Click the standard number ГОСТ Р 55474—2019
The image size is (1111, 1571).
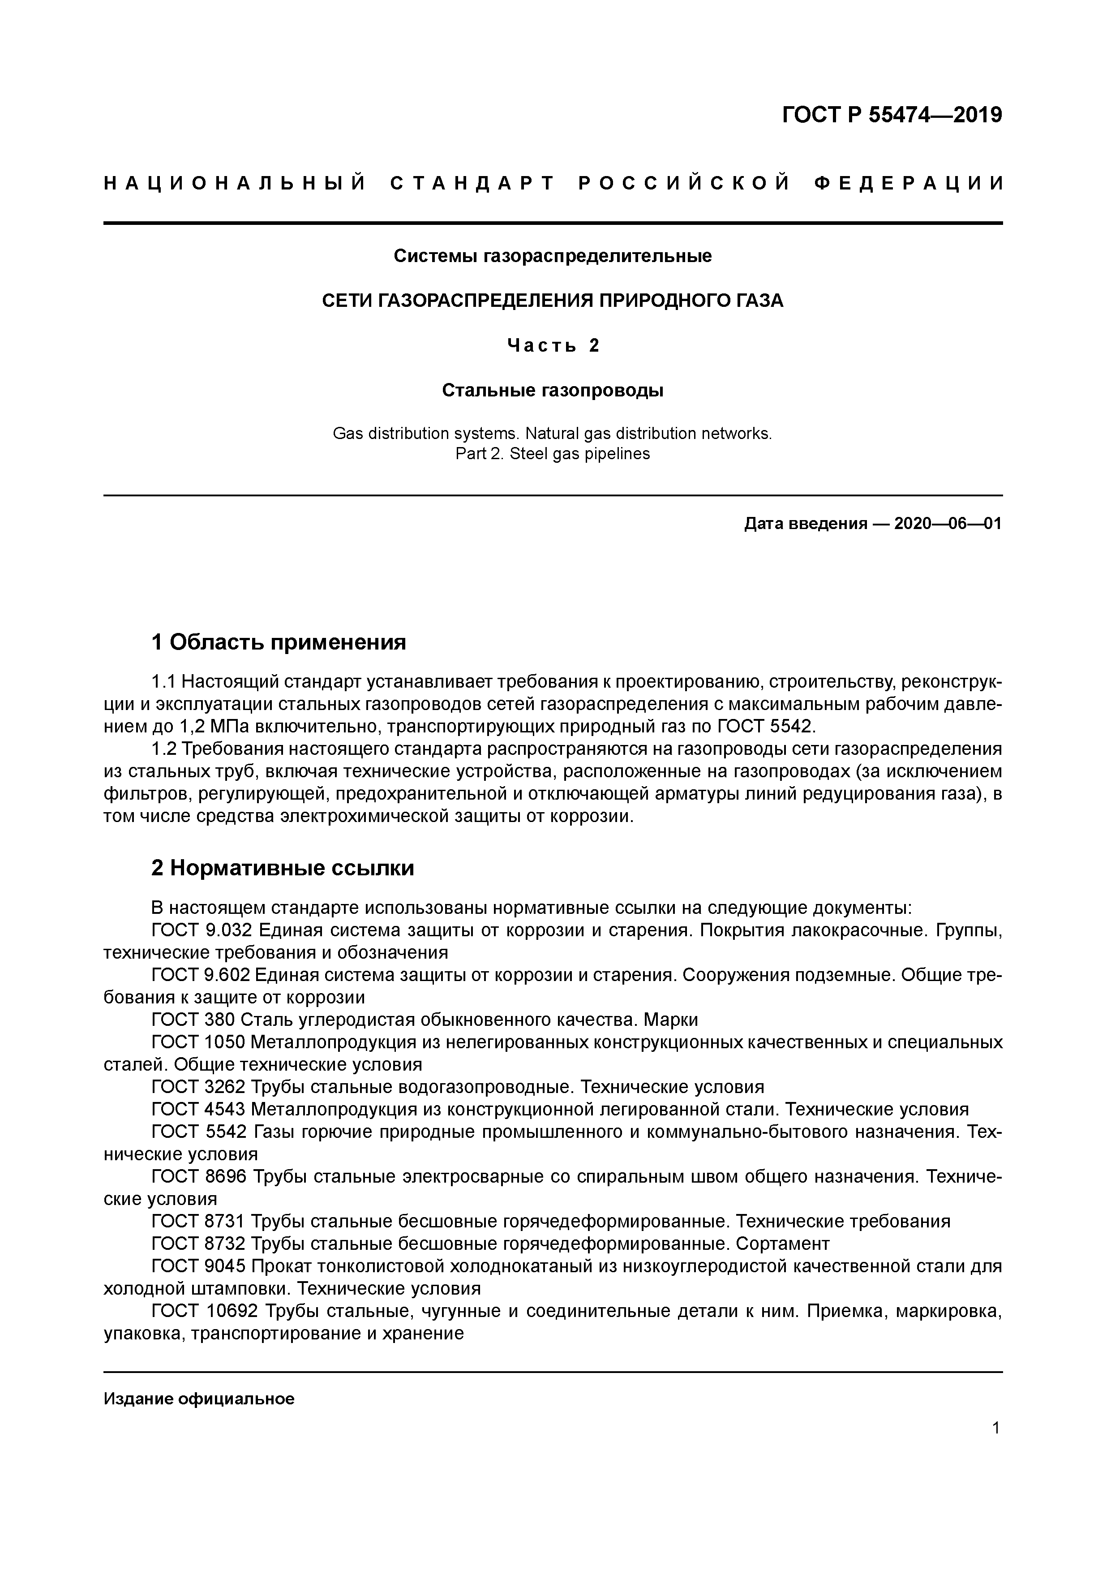(x=892, y=115)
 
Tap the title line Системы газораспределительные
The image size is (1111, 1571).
(x=553, y=256)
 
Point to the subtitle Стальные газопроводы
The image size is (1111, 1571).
(x=553, y=391)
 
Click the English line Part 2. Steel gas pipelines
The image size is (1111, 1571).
(x=553, y=454)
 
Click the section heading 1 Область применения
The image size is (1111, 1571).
(x=279, y=642)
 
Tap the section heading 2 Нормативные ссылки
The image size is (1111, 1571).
(x=283, y=868)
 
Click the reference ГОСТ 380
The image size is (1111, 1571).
(x=193, y=1020)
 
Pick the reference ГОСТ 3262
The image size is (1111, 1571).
(x=198, y=1087)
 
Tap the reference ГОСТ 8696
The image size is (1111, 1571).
(x=198, y=1177)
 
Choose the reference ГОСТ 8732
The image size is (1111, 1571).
(x=198, y=1243)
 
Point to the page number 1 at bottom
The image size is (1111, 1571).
(x=996, y=1428)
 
